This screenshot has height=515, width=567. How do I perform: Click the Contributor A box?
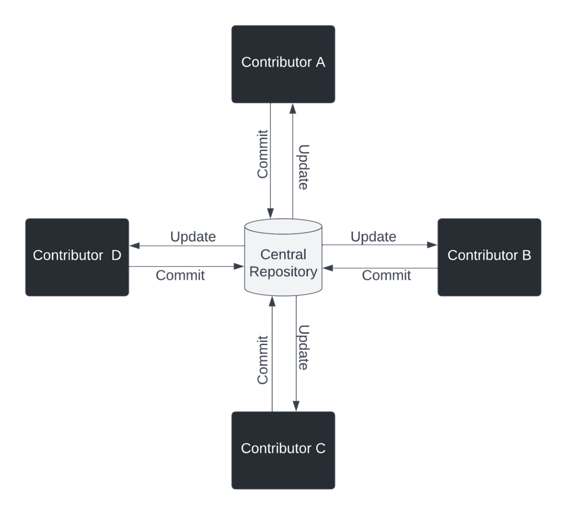(283, 64)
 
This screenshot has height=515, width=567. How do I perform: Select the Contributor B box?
(489, 257)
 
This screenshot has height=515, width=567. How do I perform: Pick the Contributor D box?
(77, 257)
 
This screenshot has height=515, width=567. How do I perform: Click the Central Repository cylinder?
(283, 257)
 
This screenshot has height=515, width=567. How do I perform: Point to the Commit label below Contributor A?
(263, 154)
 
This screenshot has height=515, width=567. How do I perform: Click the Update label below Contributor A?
(303, 168)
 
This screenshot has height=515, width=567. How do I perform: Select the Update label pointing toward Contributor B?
(373, 237)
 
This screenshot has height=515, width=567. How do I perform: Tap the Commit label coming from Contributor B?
(386, 275)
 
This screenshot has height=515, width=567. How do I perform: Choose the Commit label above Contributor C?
(263, 360)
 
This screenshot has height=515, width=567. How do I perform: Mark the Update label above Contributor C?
(303, 347)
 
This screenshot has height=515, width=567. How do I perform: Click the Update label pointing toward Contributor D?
(193, 237)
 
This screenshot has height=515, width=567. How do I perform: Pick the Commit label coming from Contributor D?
(181, 275)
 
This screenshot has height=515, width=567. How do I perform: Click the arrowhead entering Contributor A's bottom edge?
(292, 108)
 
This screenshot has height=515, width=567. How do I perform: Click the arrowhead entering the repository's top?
(271, 213)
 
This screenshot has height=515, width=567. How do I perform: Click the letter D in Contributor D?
(116, 255)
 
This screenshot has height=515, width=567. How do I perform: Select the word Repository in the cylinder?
(283, 272)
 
